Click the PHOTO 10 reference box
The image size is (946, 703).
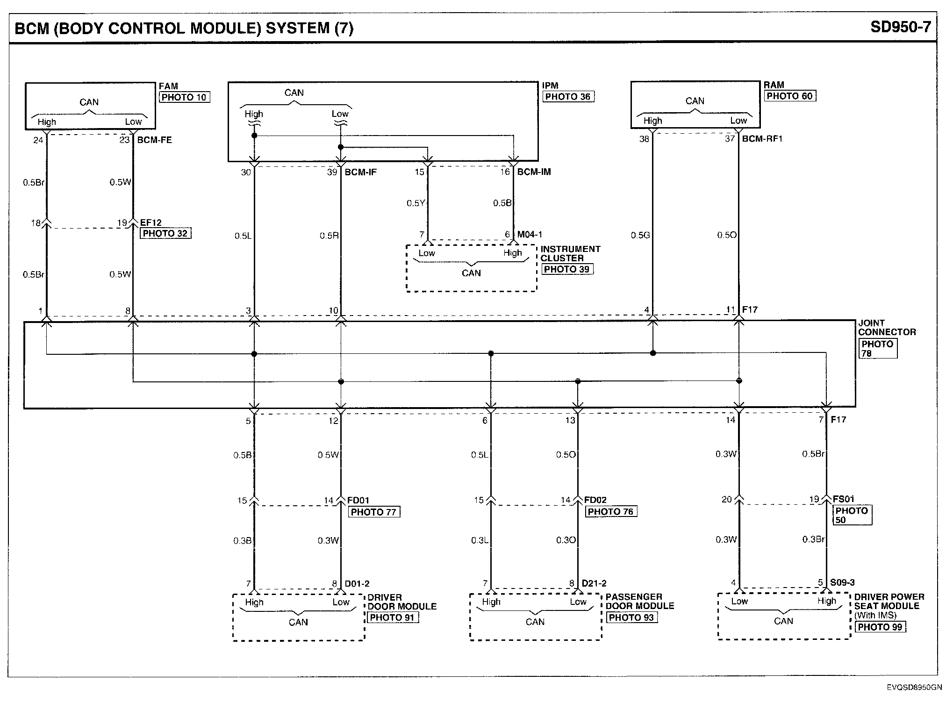click(x=184, y=97)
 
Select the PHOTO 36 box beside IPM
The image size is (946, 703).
click(x=568, y=97)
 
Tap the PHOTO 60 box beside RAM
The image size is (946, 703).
click(x=790, y=96)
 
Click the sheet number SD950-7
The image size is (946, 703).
click(x=901, y=27)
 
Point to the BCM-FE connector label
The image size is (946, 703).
click(x=154, y=140)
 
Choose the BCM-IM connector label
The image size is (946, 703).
click(x=534, y=172)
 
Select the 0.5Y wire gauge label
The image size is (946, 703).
click(x=416, y=203)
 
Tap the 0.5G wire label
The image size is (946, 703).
click(x=640, y=235)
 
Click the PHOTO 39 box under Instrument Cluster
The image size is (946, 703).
click(x=567, y=269)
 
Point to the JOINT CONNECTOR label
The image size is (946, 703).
click(x=887, y=328)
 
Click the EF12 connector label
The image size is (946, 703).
click(x=151, y=223)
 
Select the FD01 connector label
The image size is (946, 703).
click(x=358, y=501)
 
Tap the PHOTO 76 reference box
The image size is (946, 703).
click(x=611, y=512)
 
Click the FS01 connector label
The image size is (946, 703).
click(x=844, y=499)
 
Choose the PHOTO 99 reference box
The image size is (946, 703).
click(x=880, y=627)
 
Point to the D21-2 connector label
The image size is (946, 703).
click(x=594, y=583)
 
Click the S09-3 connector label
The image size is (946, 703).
click(x=842, y=582)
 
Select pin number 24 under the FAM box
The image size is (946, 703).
click(x=38, y=140)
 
